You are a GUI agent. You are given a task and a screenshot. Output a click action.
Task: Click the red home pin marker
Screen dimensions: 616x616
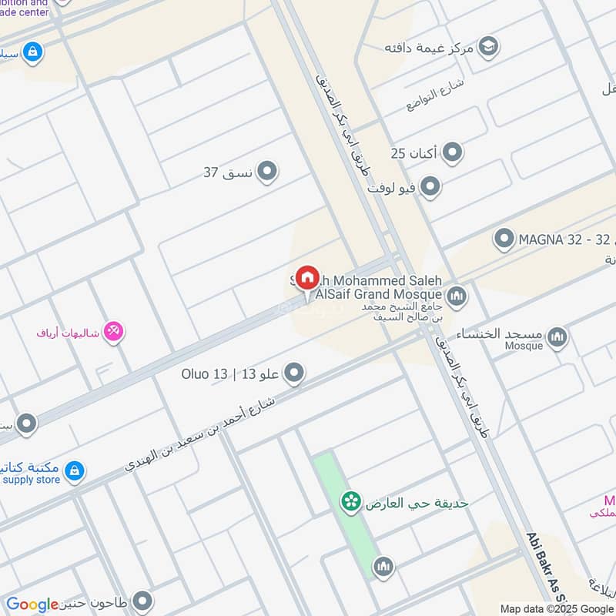point(306,279)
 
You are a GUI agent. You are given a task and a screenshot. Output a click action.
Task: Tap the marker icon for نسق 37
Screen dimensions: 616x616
point(267,171)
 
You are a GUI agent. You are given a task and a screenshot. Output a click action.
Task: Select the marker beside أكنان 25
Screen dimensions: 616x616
point(453,152)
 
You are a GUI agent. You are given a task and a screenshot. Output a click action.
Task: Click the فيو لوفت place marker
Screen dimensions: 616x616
point(430,187)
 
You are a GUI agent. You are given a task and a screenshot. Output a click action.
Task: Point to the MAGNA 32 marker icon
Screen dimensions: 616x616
point(504,239)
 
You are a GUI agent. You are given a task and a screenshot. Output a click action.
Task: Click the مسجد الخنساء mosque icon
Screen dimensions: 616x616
point(557,336)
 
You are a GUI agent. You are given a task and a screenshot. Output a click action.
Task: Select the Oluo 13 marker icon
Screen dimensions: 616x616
point(293,375)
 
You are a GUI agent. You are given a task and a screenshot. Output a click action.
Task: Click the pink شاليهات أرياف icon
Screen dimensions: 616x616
point(114,332)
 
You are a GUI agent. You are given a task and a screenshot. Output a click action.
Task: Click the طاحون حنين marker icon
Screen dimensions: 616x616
point(142,601)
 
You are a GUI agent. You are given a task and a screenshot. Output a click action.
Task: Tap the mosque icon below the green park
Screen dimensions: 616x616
point(383,567)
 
